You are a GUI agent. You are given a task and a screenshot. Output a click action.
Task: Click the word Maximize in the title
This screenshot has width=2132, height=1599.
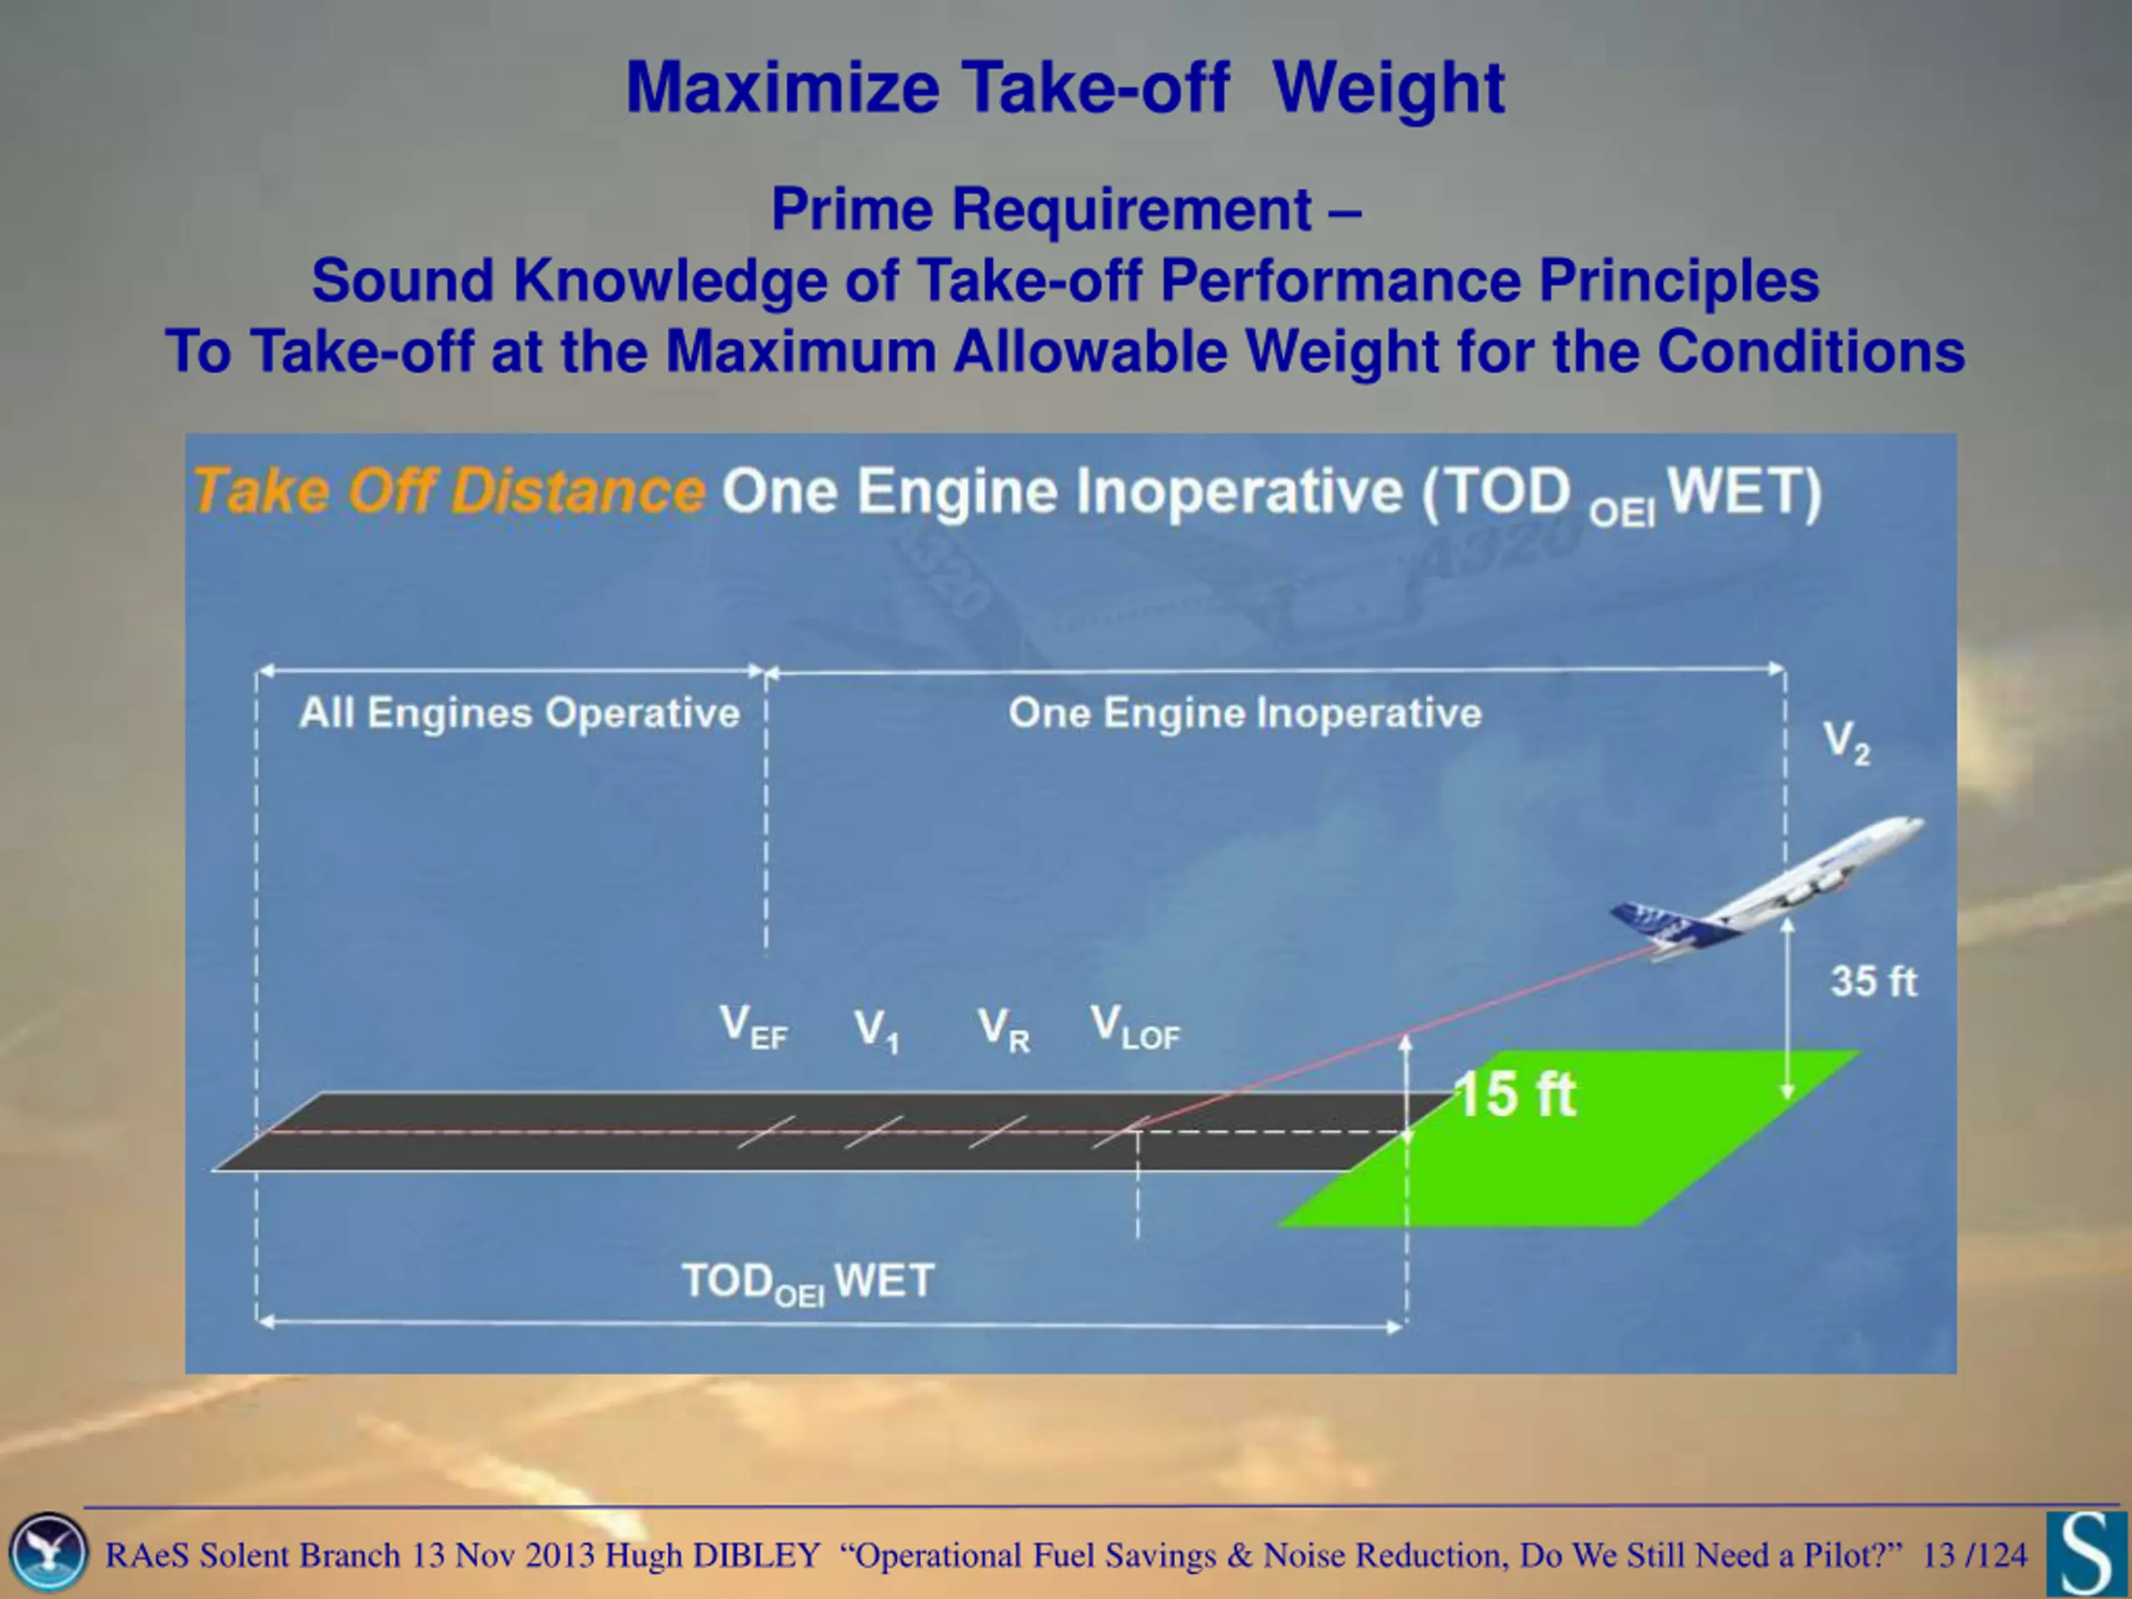(783, 88)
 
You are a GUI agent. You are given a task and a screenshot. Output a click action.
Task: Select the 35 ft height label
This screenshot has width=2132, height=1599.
(1874, 982)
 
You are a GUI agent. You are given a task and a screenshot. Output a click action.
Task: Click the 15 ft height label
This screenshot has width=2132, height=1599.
(1515, 1095)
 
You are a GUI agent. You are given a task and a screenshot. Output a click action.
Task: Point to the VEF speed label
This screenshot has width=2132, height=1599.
(754, 1027)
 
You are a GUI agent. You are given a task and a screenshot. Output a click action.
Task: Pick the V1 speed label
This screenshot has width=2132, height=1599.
(876, 1030)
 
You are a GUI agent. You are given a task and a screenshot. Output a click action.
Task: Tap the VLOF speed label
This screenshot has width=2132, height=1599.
(1135, 1027)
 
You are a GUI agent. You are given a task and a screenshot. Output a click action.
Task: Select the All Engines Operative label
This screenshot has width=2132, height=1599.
(520, 713)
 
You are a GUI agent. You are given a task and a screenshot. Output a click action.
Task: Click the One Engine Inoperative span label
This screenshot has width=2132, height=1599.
(1245, 713)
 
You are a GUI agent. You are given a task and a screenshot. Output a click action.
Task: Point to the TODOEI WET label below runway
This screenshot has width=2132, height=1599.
(808, 1283)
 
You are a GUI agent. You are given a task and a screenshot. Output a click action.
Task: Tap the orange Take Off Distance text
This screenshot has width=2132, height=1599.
(449, 491)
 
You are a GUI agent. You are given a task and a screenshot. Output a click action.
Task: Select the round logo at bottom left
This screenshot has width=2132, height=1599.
(47, 1552)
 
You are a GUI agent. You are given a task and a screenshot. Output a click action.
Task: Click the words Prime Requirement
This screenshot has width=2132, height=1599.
(1041, 209)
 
